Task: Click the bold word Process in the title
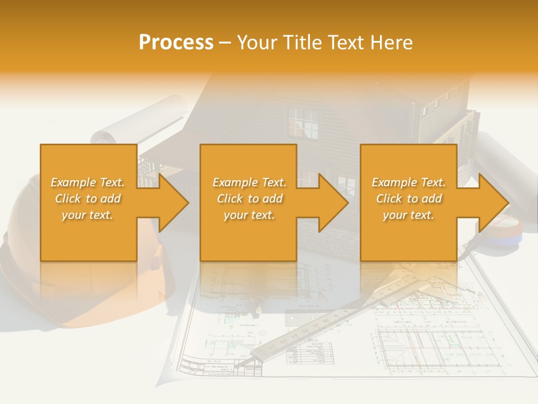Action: pos(176,43)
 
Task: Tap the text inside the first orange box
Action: pos(88,199)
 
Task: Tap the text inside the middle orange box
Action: pos(249,199)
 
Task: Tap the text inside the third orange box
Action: pos(409,199)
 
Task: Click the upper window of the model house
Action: pos(303,123)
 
